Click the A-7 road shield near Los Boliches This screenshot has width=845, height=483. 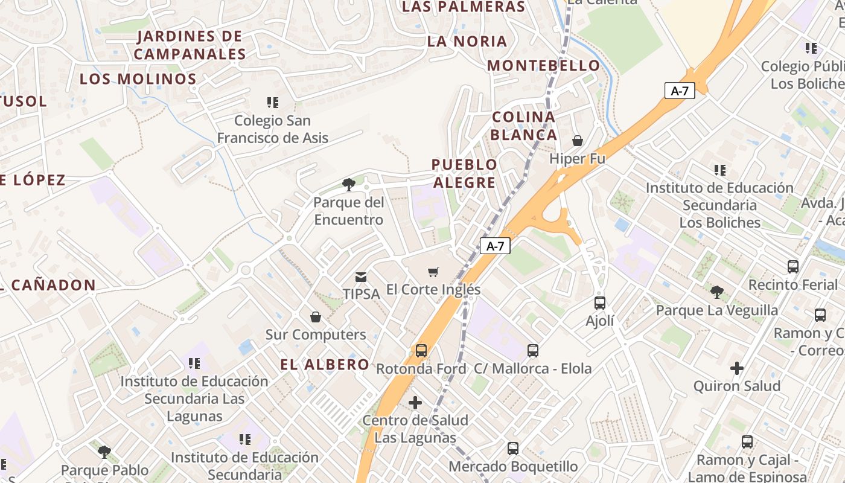(x=680, y=91)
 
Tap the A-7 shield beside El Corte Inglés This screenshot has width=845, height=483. (x=495, y=246)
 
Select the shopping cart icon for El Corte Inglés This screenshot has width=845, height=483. (x=433, y=272)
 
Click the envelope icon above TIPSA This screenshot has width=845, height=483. (x=361, y=277)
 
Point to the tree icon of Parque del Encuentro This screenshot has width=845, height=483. (x=348, y=185)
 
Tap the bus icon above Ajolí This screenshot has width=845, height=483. (x=599, y=303)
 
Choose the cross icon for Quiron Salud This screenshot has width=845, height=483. (x=736, y=368)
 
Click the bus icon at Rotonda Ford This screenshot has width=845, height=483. (x=421, y=351)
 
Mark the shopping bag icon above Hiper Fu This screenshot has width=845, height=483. (x=577, y=141)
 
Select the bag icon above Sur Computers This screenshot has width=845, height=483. (x=315, y=317)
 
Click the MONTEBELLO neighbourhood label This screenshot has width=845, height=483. (x=544, y=65)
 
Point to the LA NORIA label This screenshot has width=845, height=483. (x=467, y=42)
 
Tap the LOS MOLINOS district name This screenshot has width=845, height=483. (x=138, y=79)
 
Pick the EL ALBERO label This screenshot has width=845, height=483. (x=325, y=364)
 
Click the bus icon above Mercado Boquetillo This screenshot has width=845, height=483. (x=512, y=449)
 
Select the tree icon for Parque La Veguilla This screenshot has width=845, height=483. (x=716, y=293)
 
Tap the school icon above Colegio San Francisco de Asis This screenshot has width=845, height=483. (x=273, y=103)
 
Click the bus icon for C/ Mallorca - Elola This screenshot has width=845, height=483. (x=532, y=351)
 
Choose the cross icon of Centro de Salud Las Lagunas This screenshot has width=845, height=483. (x=415, y=402)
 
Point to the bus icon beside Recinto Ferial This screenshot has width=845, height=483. (x=792, y=266)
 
